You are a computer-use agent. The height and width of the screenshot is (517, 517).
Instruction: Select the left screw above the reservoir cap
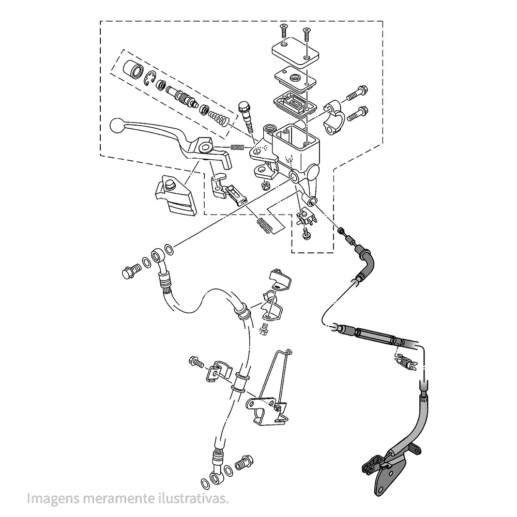284,31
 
